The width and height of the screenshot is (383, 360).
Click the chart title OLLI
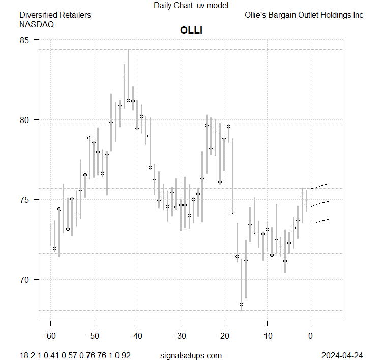point(191,30)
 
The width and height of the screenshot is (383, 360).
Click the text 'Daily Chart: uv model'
point(191,5)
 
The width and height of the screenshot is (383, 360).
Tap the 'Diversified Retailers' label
point(55,15)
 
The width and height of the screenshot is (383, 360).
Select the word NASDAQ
point(37,24)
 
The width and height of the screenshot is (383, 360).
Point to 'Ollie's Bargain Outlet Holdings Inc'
point(304,15)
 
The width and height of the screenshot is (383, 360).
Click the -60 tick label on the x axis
point(50,336)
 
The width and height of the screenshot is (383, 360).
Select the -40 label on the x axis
point(137,336)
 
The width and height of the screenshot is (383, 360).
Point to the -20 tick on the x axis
point(224,336)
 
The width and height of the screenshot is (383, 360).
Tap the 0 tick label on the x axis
point(310,336)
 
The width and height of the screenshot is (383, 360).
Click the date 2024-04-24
point(341,355)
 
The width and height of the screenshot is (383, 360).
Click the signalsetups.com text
point(191,355)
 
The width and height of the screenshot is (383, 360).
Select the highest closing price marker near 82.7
point(124,77)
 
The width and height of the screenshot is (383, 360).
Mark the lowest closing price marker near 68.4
point(241,304)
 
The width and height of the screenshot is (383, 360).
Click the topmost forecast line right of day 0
point(320,186)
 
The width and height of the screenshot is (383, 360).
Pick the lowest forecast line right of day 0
point(320,221)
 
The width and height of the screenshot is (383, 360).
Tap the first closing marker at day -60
point(50,228)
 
